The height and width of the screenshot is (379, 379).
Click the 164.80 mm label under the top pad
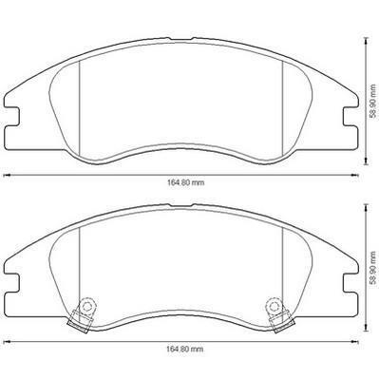click(185, 182)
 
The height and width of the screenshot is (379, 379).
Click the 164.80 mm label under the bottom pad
click(185, 350)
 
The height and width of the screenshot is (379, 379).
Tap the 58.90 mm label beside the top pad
click(374, 101)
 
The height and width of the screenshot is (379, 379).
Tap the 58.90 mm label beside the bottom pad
click(374, 267)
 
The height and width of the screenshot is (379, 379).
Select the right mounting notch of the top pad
click(351, 117)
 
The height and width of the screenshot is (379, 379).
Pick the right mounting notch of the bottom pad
click(351, 282)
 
